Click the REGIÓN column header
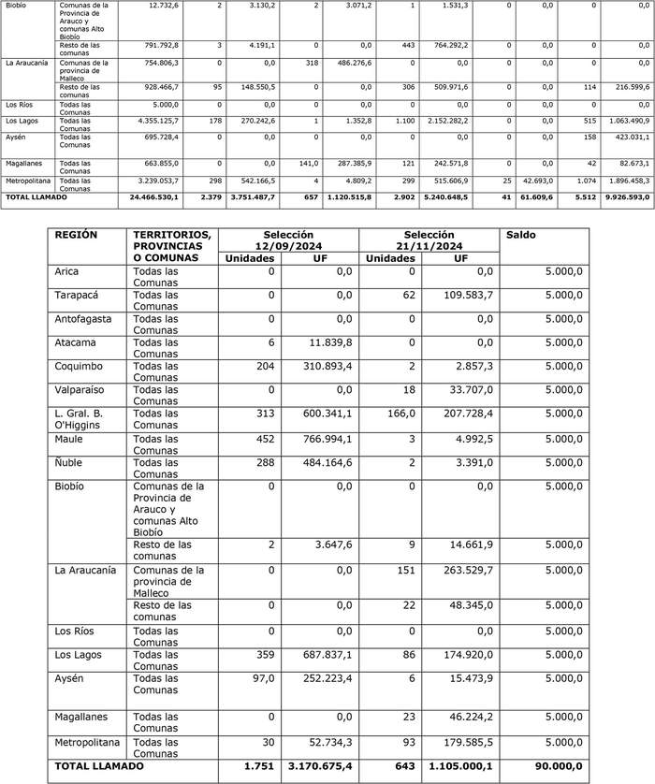click(x=77, y=235)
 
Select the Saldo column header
click(x=522, y=235)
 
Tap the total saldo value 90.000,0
click(x=555, y=766)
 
